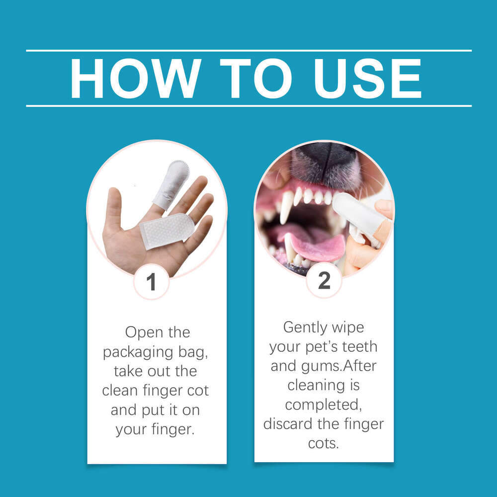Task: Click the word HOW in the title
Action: coord(135,79)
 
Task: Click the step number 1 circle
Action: coord(152,282)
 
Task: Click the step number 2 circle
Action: coord(324,281)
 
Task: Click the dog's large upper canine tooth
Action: coord(287,207)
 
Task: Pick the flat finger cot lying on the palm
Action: coord(166,230)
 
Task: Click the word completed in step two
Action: coord(324,405)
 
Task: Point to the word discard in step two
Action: coord(291,424)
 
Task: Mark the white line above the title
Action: coord(248,51)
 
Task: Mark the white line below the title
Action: coord(248,106)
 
